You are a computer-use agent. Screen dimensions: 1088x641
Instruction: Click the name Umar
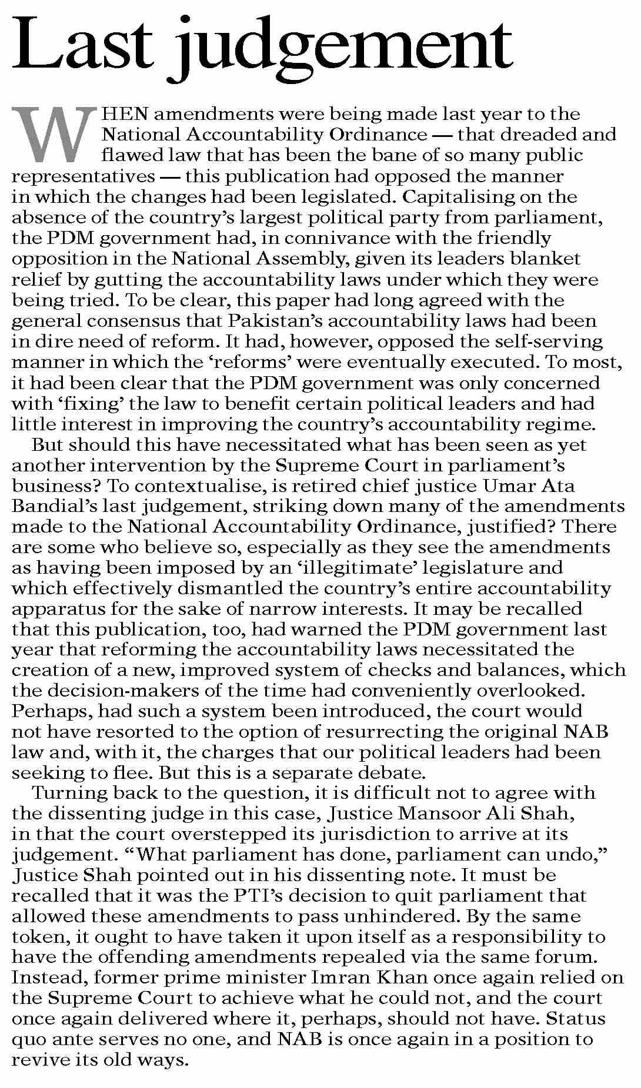498,486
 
